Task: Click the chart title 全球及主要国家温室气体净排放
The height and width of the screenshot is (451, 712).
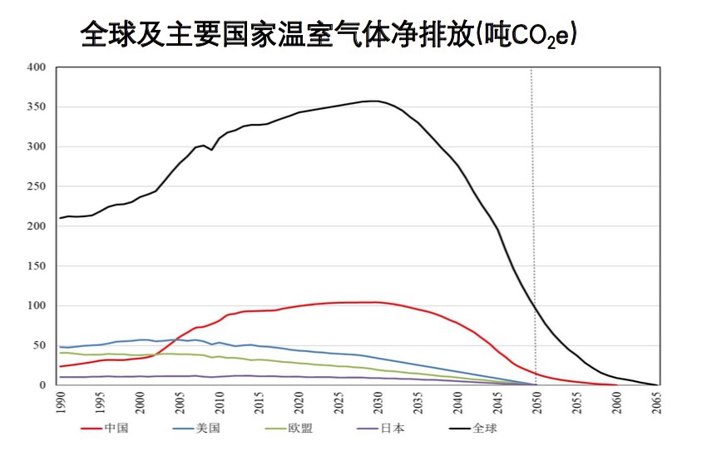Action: pos(274,34)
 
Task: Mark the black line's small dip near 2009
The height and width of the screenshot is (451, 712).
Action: pos(211,150)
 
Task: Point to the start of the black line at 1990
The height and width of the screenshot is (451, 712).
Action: pos(60,218)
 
